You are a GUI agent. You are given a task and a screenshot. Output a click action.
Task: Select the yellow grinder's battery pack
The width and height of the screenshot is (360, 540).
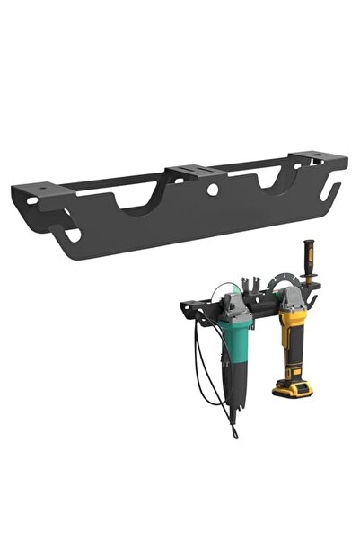(290, 386)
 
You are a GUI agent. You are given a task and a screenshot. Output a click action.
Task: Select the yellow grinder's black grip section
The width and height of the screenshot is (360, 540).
(293, 355)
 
